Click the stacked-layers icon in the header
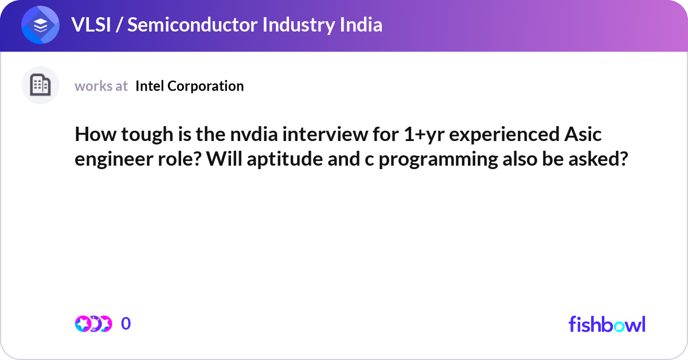[x=41, y=25]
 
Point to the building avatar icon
[x=40, y=85]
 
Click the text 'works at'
[x=101, y=86]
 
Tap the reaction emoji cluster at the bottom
[x=93, y=324]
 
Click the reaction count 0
[x=126, y=324]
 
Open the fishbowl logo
[x=607, y=324]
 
